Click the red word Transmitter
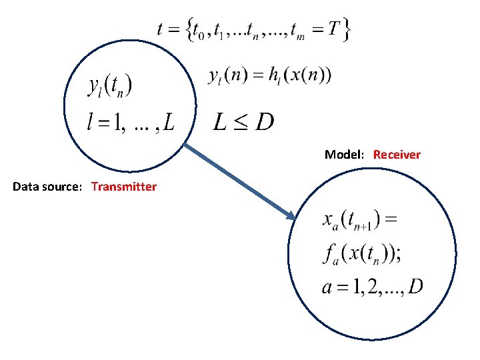point(124,187)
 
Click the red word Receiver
point(397,155)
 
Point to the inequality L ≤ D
point(243,122)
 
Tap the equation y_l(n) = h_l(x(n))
point(269,75)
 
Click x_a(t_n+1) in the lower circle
point(360,221)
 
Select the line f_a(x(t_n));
point(369,254)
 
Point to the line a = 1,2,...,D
point(372,287)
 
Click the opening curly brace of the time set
point(191,30)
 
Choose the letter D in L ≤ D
point(264,122)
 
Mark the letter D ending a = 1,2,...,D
point(415,287)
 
